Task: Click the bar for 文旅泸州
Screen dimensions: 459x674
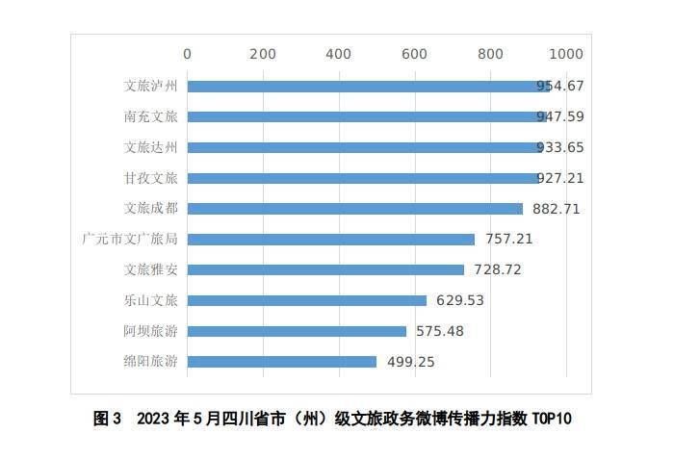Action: click(x=366, y=86)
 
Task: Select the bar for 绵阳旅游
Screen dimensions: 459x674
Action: click(x=281, y=362)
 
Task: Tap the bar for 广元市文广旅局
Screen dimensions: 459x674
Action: click(x=330, y=239)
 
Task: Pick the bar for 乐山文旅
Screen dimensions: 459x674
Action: click(x=306, y=300)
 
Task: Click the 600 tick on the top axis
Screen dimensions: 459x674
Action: click(x=414, y=54)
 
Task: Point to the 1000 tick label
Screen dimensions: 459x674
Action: click(x=565, y=54)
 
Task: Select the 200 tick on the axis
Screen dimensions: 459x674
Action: click(x=263, y=54)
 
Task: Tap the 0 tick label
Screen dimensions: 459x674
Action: click(x=187, y=54)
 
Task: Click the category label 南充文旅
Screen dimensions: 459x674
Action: click(x=151, y=116)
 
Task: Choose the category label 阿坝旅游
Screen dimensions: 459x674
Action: click(x=151, y=331)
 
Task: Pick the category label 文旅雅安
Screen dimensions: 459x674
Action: click(x=151, y=269)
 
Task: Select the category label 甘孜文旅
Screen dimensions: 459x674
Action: click(x=151, y=178)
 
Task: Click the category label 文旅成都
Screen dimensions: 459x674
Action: click(x=151, y=208)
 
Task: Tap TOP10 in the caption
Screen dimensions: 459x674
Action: click(x=552, y=420)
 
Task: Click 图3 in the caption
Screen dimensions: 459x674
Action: click(x=106, y=420)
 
